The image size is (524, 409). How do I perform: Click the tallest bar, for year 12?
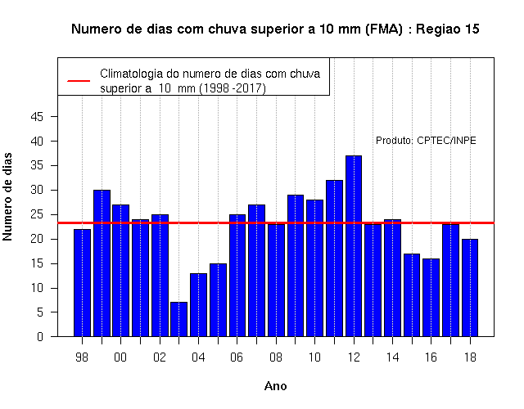pos(354,246)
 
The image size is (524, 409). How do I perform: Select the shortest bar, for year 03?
pos(178,319)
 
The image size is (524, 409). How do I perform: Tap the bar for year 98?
pos(82,283)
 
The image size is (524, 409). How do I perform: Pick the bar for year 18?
pos(470,288)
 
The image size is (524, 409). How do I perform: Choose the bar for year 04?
pos(198,305)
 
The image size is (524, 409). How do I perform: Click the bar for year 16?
pos(431,298)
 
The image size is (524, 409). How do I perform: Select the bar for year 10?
pos(314,268)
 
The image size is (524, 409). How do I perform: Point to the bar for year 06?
pos(237,276)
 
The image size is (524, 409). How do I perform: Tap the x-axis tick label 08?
pos(276,357)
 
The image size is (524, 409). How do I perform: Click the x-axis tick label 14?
pos(392,357)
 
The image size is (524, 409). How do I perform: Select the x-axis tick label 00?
pos(120,357)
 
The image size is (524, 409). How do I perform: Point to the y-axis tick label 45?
pos(37,116)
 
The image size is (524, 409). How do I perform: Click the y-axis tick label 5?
pos(40,312)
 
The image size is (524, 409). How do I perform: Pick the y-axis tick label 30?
pos(37,190)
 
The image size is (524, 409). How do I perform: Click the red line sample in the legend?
pos(79,81)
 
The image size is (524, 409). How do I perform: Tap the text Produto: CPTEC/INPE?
pos(426,141)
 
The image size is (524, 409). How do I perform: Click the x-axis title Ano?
pos(276,386)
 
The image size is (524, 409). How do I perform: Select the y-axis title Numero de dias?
pos(7,196)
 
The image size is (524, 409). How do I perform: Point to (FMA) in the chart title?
pos(384,29)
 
